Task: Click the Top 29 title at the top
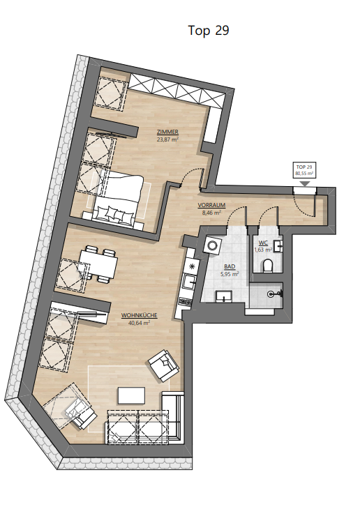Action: click(x=209, y=31)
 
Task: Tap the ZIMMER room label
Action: click(x=167, y=132)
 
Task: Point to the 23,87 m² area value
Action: click(x=167, y=139)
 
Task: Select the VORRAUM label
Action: click(x=211, y=206)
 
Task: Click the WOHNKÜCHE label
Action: click(x=139, y=315)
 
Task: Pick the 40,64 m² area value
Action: click(x=139, y=322)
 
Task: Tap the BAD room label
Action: click(x=230, y=267)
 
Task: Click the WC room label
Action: click(x=263, y=243)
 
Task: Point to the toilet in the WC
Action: click(x=268, y=266)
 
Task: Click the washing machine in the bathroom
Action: click(x=213, y=245)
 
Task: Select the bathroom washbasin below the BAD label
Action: click(x=224, y=296)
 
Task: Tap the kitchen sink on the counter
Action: click(x=188, y=281)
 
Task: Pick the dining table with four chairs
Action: click(x=98, y=264)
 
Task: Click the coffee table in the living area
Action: click(x=131, y=395)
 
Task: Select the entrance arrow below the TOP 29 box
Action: click(x=304, y=184)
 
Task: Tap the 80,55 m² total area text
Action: click(x=304, y=174)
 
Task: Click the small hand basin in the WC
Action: click(x=278, y=246)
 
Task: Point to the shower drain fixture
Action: click(x=271, y=294)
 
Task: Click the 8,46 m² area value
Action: click(x=212, y=213)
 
